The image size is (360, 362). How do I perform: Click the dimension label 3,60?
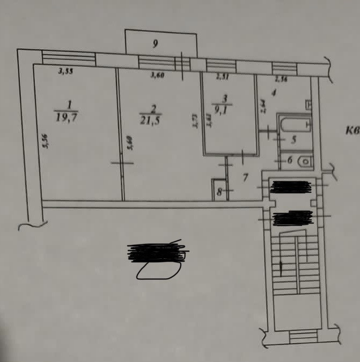[x=157, y=76]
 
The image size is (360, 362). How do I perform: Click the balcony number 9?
[x=155, y=45]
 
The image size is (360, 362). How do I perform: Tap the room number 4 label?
[x=274, y=93]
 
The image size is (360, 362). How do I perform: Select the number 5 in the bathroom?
[x=294, y=141]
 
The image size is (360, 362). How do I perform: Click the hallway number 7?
[x=245, y=177]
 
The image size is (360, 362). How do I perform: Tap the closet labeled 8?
[x=219, y=190]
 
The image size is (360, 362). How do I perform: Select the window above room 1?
[x=68, y=57]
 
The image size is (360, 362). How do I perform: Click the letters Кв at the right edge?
[x=352, y=130]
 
